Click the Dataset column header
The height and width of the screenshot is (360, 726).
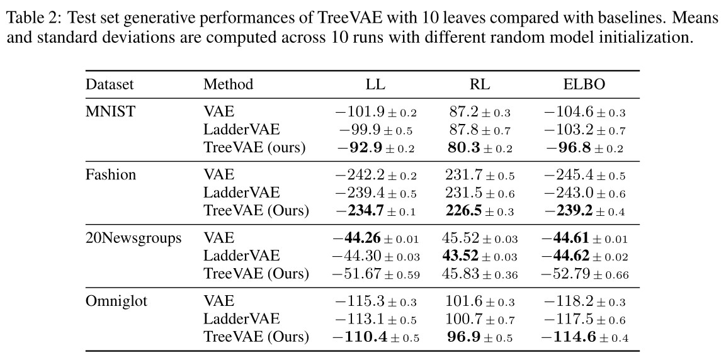click(x=110, y=84)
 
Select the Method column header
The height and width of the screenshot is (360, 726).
click(x=228, y=84)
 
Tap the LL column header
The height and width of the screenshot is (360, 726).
click(x=376, y=84)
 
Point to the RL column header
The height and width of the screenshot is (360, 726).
click(x=480, y=84)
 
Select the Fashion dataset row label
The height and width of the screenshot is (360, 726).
click(x=111, y=174)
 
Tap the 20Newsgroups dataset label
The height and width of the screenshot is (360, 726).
click(x=133, y=238)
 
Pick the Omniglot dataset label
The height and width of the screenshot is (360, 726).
click(x=116, y=301)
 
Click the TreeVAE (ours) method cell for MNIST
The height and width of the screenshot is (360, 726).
click(x=254, y=148)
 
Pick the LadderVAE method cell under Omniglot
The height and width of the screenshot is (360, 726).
click(x=241, y=319)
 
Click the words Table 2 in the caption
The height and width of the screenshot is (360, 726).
click(x=30, y=18)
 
